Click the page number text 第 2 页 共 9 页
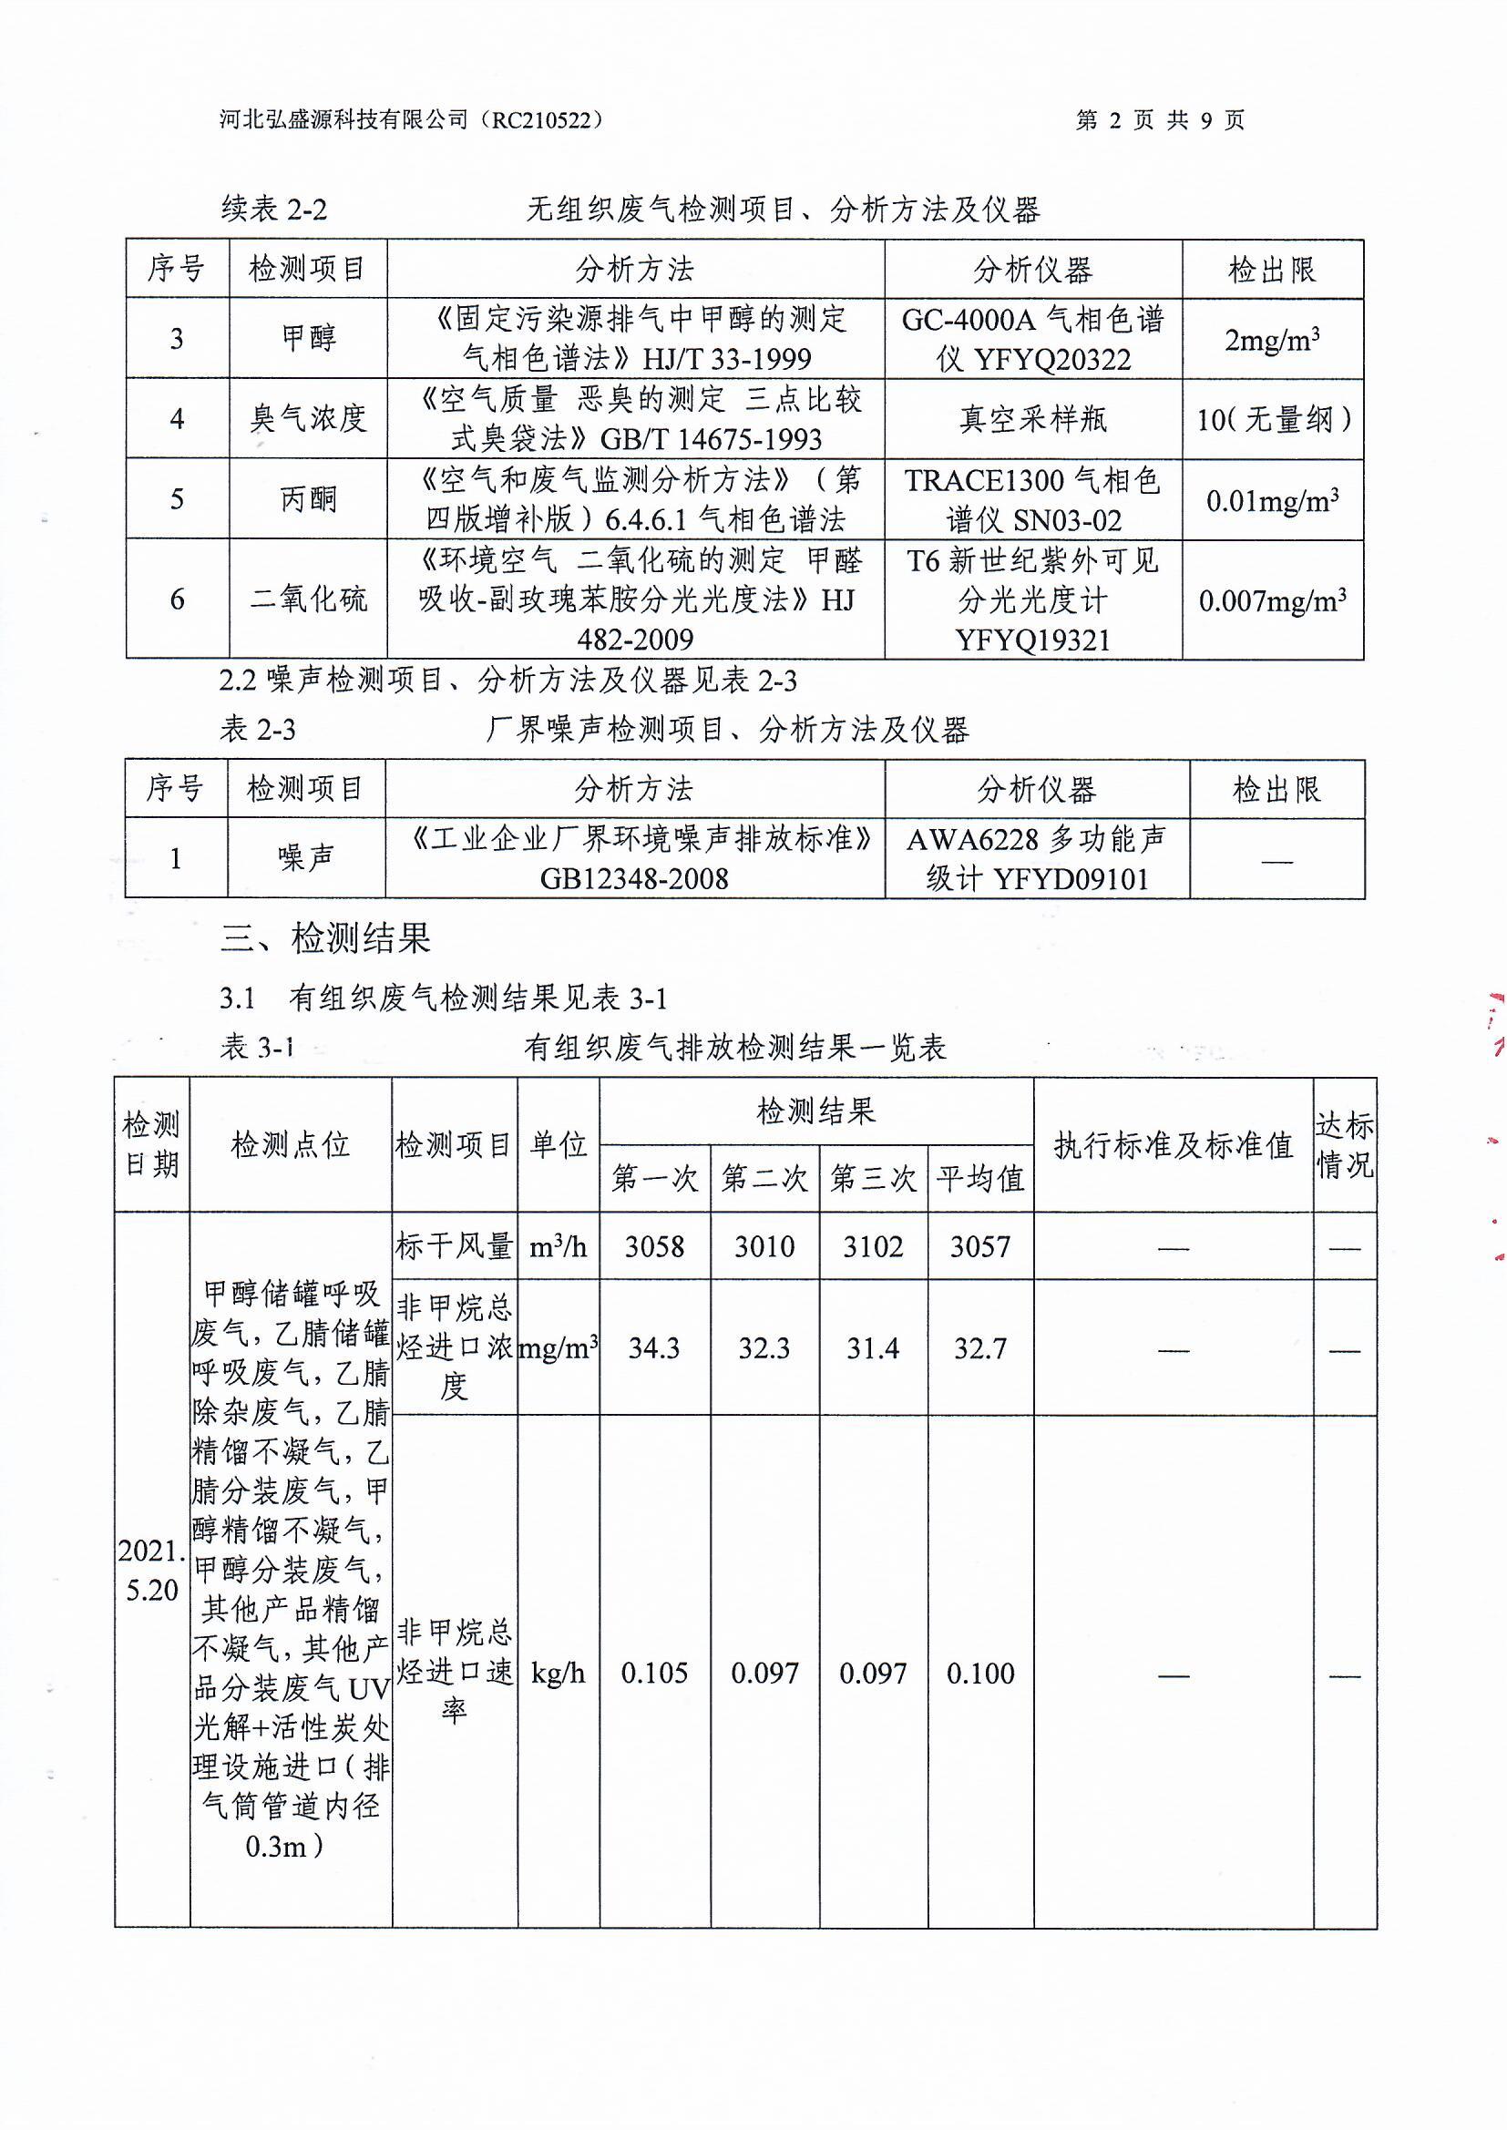pyautogui.click(x=1159, y=119)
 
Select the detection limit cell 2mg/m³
pyautogui.click(x=1271, y=340)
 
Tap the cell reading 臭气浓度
pyautogui.click(x=308, y=418)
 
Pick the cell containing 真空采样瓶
pyautogui.click(x=1032, y=418)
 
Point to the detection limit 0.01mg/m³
pyautogui.click(x=1271, y=501)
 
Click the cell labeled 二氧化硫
pyautogui.click(x=308, y=599)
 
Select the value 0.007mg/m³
pyautogui.click(x=1271, y=601)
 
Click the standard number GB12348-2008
pyautogui.click(x=635, y=878)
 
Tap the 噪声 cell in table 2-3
pyautogui.click(x=306, y=858)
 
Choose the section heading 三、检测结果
pyautogui.click(x=325, y=939)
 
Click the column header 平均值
pyautogui.click(x=980, y=1178)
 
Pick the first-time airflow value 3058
pyautogui.click(x=654, y=1246)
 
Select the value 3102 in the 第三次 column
pyautogui.click(x=872, y=1246)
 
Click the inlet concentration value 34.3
pyautogui.click(x=654, y=1347)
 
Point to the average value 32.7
pyautogui.click(x=980, y=1347)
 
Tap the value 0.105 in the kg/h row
pyautogui.click(x=654, y=1673)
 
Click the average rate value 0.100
pyautogui.click(x=980, y=1673)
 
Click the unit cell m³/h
pyautogui.click(x=558, y=1246)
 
